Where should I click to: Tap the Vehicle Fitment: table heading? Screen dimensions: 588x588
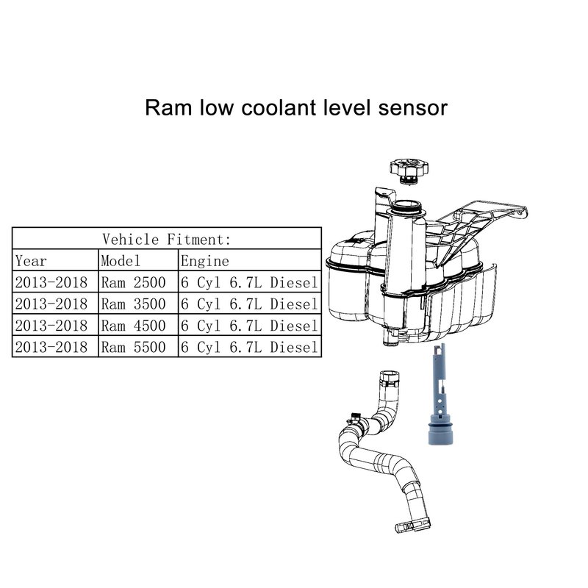(167, 239)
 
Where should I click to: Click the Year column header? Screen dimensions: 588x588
(30, 261)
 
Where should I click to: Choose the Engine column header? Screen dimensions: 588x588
(205, 261)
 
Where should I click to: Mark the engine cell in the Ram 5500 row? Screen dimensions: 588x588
(249, 347)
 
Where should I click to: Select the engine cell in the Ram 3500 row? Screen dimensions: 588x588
(249, 304)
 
